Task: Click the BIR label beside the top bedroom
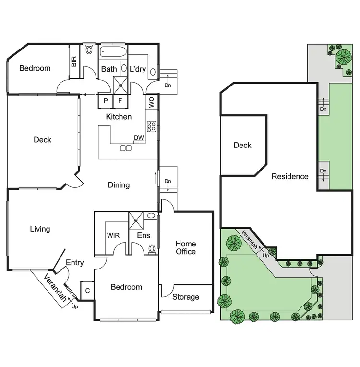[x=74, y=61]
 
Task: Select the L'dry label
[x=138, y=69]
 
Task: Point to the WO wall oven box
[x=151, y=102]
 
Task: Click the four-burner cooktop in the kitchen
[x=151, y=126]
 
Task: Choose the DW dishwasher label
[x=139, y=138]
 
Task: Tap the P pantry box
[x=105, y=101]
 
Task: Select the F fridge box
[x=120, y=101]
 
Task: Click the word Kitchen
[x=119, y=117]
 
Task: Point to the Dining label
[x=119, y=185]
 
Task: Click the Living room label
[x=40, y=229]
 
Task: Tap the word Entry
[x=74, y=263]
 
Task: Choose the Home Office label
[x=185, y=247]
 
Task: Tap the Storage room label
[x=186, y=297]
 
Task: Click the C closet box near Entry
[x=87, y=290]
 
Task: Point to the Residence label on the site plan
[x=290, y=176]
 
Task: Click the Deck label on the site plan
[x=242, y=145]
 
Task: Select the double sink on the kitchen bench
[x=126, y=148]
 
